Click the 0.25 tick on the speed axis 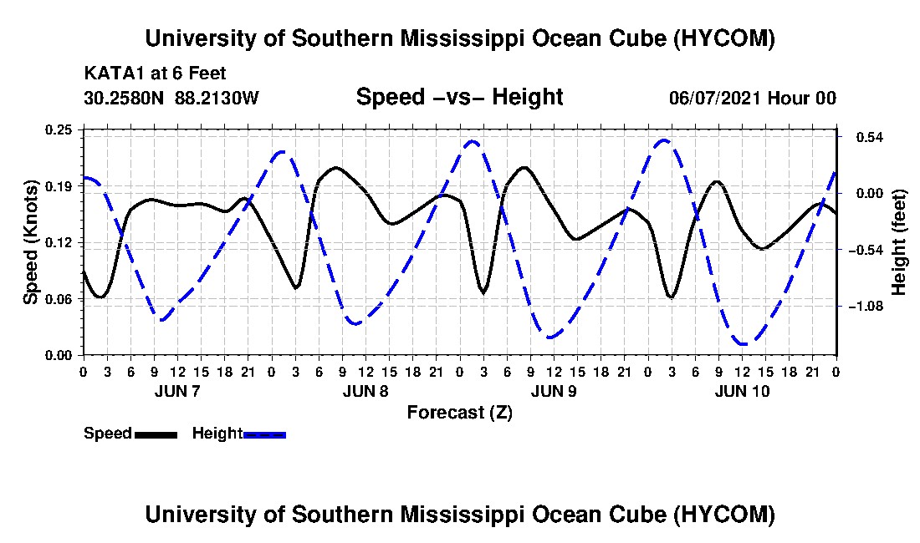tap(59, 129)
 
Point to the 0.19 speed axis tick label tap(59, 186)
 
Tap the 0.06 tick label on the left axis tap(59, 299)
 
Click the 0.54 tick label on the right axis tap(870, 137)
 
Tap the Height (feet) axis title tap(899, 242)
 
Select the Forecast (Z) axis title tap(459, 413)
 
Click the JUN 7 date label tap(177, 391)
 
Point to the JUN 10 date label tap(742, 391)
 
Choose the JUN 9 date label tap(554, 391)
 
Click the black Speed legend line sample tap(156, 434)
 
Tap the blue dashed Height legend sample tap(264, 434)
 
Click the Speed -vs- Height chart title tap(459, 97)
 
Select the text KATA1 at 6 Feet tap(155, 74)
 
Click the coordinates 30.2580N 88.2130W tap(171, 98)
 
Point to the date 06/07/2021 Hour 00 tap(753, 98)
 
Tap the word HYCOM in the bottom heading tap(723, 515)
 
